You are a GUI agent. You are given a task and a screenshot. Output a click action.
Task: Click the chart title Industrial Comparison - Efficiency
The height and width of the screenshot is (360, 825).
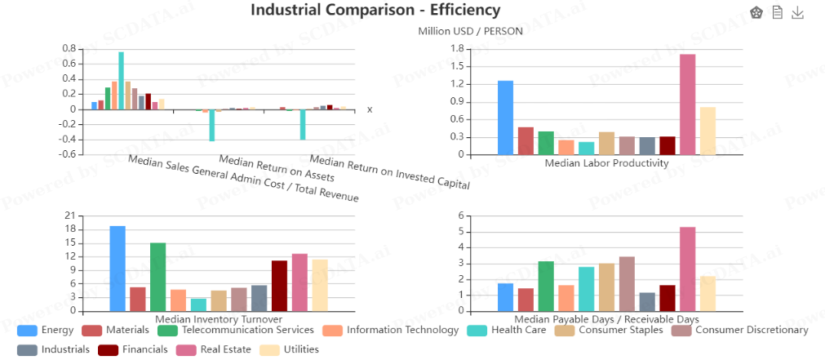375,10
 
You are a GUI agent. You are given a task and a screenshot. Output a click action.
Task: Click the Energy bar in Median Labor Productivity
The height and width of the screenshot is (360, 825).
505,118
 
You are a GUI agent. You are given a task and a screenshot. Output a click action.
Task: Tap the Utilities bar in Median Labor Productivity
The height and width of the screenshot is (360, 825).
708,131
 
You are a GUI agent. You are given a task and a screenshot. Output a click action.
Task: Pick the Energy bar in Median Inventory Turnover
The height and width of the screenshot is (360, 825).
118,269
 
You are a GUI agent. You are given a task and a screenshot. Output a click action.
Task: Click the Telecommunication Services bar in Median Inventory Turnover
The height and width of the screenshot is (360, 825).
158,277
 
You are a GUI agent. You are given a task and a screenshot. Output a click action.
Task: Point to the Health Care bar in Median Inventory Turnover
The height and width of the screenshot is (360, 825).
198,304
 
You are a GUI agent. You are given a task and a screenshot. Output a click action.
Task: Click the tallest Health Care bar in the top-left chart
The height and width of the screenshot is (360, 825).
121,81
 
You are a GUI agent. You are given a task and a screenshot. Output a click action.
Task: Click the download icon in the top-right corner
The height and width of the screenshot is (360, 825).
798,12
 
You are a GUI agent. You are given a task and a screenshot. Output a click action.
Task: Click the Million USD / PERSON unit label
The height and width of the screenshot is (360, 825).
470,32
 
